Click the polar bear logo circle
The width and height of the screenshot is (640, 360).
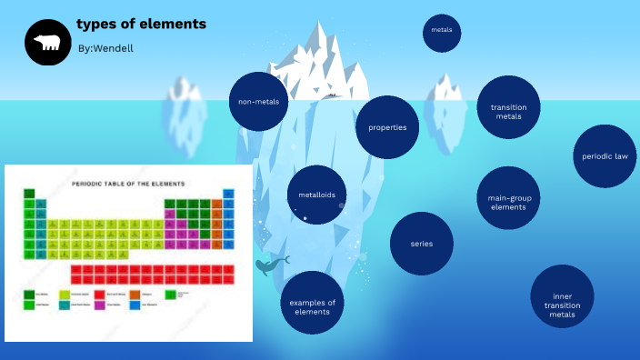click(47, 43)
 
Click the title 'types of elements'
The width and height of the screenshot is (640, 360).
click(141, 24)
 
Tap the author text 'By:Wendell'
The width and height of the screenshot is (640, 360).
click(105, 47)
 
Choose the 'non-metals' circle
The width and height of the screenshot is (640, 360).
click(258, 102)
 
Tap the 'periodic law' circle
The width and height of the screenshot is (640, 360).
click(605, 156)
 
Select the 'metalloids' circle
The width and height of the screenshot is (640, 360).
click(317, 195)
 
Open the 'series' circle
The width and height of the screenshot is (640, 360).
click(421, 244)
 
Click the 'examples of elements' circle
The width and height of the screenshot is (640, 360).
click(312, 306)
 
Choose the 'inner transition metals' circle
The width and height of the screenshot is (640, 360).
click(562, 296)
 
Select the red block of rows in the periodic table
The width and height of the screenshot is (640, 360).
click(151, 274)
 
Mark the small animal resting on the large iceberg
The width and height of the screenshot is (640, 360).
click(333, 95)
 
